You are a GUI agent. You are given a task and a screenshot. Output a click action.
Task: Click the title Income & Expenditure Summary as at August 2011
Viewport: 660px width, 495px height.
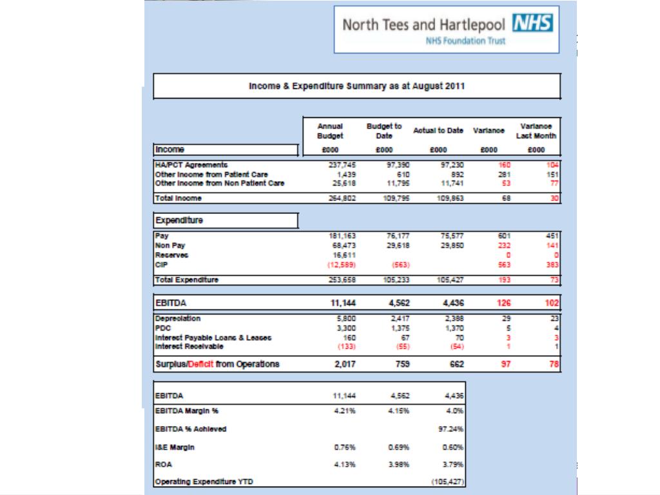point(356,86)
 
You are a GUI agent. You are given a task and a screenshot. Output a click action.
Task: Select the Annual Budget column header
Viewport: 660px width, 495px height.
point(330,131)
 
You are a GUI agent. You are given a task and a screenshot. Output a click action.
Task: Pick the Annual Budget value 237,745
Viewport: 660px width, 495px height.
point(342,165)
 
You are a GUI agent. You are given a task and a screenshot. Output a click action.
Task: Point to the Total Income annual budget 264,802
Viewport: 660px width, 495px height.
point(342,198)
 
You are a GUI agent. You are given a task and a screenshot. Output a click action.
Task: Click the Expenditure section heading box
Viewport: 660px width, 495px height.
point(225,220)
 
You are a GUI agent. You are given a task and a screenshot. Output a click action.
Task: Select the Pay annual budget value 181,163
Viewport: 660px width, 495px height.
point(342,236)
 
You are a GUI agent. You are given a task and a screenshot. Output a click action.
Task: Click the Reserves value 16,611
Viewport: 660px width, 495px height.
point(345,255)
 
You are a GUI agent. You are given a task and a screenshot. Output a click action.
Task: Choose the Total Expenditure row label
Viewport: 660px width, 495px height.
point(187,280)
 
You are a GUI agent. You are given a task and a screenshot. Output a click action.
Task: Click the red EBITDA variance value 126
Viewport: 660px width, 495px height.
point(503,302)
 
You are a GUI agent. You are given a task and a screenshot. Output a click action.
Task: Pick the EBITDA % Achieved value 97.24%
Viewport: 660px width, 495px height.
point(453,429)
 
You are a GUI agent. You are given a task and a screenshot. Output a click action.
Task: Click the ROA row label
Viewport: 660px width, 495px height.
point(162,464)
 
